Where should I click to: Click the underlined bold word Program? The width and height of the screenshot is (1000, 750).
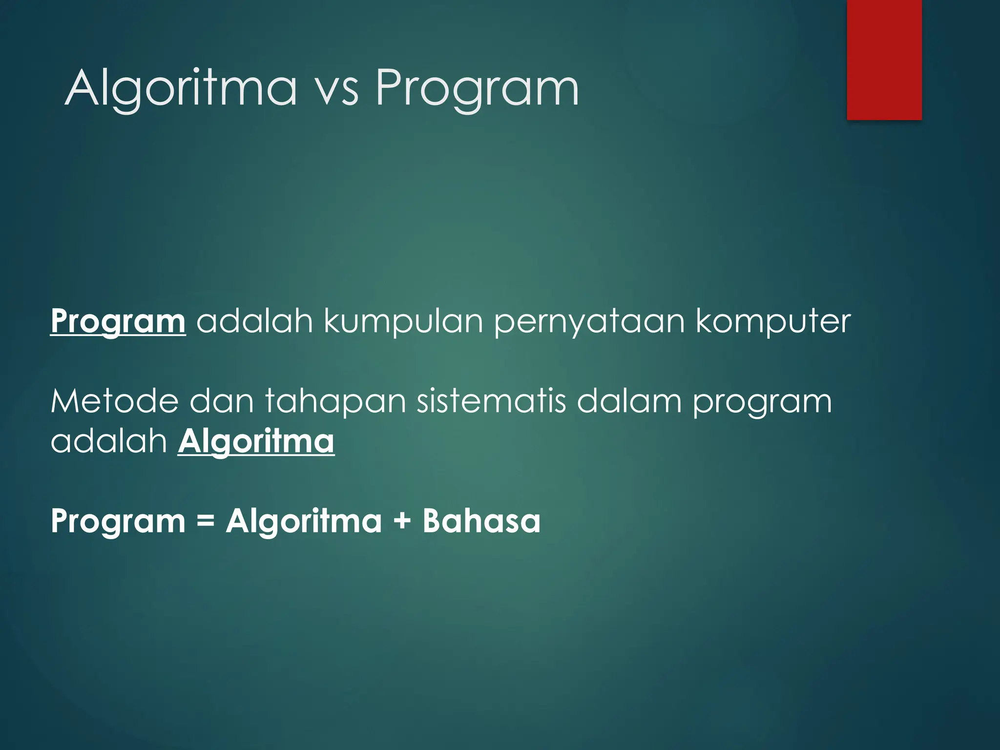118,322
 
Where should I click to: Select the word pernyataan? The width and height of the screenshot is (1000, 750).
589,323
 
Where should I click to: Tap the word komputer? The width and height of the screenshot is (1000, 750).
773,322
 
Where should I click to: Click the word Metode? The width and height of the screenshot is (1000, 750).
114,401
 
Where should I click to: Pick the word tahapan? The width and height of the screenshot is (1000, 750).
335,402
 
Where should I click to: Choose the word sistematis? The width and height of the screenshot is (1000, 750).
491,401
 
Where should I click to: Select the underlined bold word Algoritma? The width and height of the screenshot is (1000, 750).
256,441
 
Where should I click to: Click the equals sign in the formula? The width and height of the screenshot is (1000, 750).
206,521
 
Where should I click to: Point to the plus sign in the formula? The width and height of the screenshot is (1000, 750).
402,521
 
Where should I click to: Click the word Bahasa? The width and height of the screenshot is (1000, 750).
481,521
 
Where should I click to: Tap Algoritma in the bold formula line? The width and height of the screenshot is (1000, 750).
304,521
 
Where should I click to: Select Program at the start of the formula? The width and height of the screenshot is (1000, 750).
118,521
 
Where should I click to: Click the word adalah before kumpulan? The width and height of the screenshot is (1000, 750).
254,322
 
